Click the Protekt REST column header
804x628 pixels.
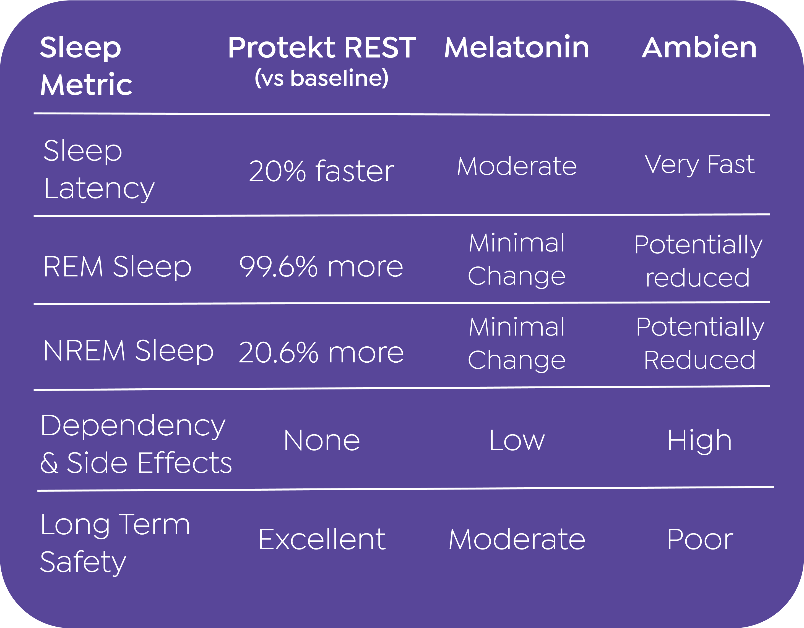322,48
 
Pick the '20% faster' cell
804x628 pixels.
321,171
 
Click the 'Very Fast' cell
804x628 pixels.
699,164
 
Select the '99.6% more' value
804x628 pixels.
321,266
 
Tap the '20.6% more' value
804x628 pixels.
321,352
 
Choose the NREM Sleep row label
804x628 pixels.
129,350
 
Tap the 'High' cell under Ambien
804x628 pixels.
699,441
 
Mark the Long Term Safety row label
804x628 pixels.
115,543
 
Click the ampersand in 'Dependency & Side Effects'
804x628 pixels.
49,462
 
